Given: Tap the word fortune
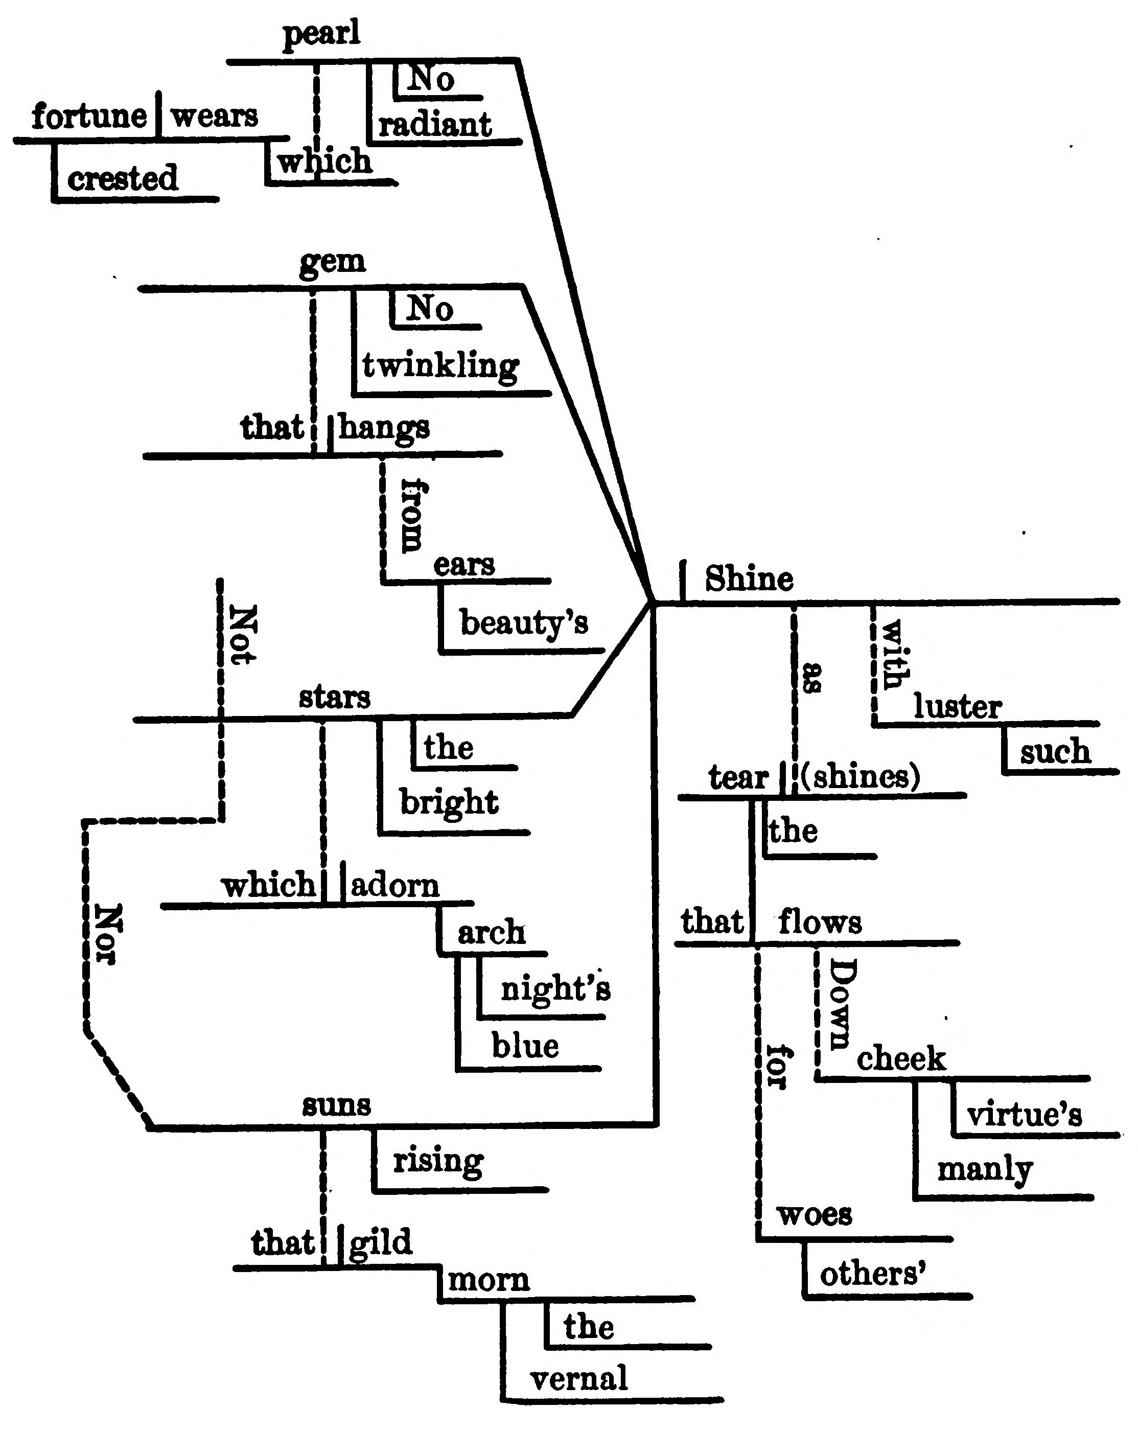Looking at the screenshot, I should [x=89, y=117].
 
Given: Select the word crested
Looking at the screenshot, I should [x=123, y=178].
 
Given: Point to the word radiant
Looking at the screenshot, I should [x=435, y=125].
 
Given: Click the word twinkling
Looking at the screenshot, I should [x=440, y=366].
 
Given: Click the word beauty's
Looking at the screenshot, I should [x=524, y=622].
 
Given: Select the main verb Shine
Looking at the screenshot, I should [x=749, y=579].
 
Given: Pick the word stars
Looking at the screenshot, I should [x=334, y=698].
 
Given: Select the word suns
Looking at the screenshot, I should [x=336, y=1105].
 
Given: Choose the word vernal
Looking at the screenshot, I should [x=578, y=1378].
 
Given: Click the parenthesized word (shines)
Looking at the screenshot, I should [x=861, y=776].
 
